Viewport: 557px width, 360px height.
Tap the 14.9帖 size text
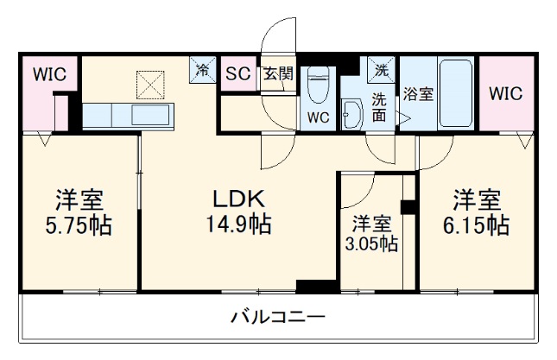pyautogui.click(x=239, y=226)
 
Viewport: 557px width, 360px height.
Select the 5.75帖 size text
pyautogui.click(x=80, y=226)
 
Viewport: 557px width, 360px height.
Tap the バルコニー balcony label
pyautogui.click(x=278, y=318)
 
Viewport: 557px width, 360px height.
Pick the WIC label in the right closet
pyautogui.click(x=505, y=94)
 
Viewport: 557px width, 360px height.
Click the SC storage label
pyautogui.click(x=237, y=73)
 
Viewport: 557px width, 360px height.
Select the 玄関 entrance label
pyautogui.click(x=277, y=73)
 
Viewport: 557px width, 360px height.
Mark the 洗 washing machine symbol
pyautogui.click(x=380, y=67)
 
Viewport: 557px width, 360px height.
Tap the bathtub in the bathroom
pyautogui.click(x=456, y=92)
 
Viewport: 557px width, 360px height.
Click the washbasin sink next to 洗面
pyautogui.click(x=351, y=115)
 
